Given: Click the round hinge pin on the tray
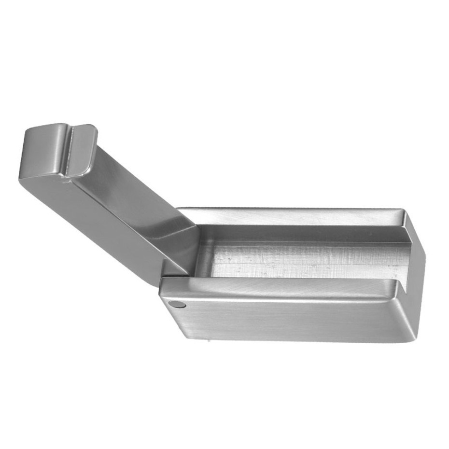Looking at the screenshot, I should coord(177,304).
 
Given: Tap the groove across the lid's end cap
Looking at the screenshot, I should coord(69,150).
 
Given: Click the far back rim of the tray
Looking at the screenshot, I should coord(290,212).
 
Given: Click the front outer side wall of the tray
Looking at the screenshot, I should coord(290,319).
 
